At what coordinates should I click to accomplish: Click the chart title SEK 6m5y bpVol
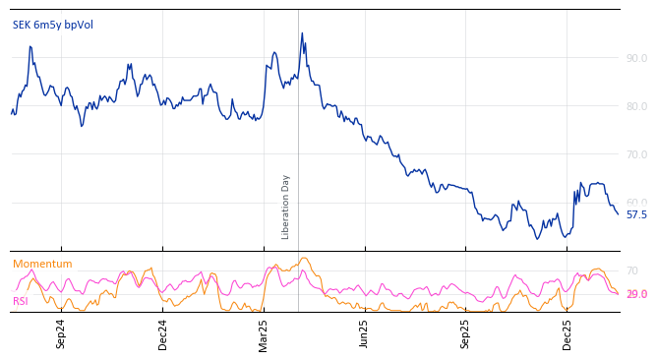pyautogui.click(x=52, y=25)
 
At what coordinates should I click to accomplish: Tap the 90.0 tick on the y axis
pyautogui.click(x=636, y=58)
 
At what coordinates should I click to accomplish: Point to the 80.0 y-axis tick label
pyautogui.click(x=636, y=106)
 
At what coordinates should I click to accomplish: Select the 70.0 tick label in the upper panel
pyautogui.click(x=636, y=154)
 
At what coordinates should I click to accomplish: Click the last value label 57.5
pyautogui.click(x=636, y=214)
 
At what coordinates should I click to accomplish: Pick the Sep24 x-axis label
pyautogui.click(x=61, y=333)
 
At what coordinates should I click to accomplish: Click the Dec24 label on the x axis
pyautogui.click(x=163, y=333)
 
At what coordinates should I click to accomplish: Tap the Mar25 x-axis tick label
pyautogui.click(x=264, y=333)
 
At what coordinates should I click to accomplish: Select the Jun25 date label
pyautogui.click(x=365, y=333)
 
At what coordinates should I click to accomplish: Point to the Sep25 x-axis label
pyautogui.click(x=466, y=333)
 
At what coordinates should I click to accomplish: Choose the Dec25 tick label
pyautogui.click(x=567, y=333)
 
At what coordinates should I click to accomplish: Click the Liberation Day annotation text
pyautogui.click(x=286, y=207)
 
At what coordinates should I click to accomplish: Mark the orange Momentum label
pyautogui.click(x=42, y=264)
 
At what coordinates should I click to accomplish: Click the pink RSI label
pyautogui.click(x=20, y=301)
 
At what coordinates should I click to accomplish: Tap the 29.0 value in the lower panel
pyautogui.click(x=636, y=294)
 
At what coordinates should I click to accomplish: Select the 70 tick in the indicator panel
pyautogui.click(x=631, y=270)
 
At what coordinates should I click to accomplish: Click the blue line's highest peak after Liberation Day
pyautogui.click(x=302, y=33)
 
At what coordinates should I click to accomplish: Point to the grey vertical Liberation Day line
pyautogui.click(x=298, y=118)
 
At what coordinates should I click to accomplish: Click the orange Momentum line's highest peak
pyautogui.click(x=304, y=259)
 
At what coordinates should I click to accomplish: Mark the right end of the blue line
pyautogui.click(x=618, y=213)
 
